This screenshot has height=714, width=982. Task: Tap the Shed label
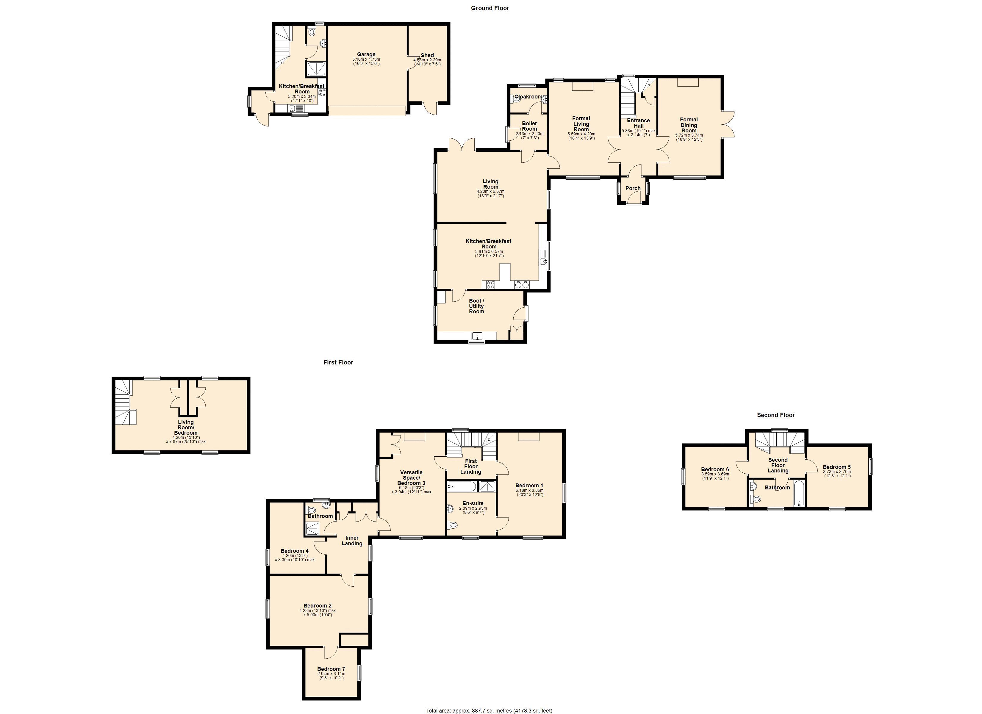point(427,55)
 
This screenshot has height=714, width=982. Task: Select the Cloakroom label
point(528,97)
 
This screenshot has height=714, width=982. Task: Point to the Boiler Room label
point(529,126)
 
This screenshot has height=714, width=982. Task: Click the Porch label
point(633,188)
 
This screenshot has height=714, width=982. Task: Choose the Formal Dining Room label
point(689,125)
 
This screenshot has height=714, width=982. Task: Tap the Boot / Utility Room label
point(476,306)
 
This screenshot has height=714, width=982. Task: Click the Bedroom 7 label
point(331,669)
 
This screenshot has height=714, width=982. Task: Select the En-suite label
point(473,503)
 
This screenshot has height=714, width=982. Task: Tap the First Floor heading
point(338,362)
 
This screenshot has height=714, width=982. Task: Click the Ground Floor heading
point(490,8)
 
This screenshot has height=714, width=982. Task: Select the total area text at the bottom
point(489,710)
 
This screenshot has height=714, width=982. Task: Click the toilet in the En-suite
point(453,525)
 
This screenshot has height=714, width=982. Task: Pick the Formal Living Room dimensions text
point(581,136)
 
